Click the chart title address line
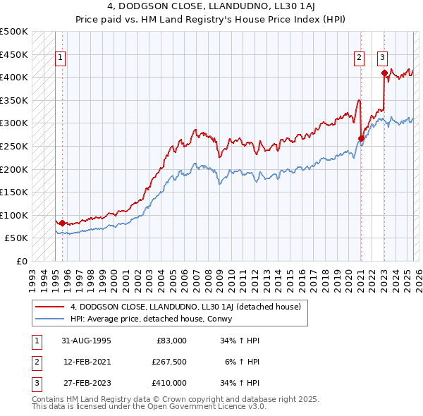pyautogui.click(x=211, y=7)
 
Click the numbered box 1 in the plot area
pyautogui.click(x=61, y=58)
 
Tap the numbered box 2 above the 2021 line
pyautogui.click(x=360, y=58)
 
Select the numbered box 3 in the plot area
pyautogui.click(x=383, y=58)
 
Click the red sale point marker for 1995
pyautogui.click(x=62, y=223)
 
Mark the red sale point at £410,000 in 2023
pyautogui.click(x=384, y=73)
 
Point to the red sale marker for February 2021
pyautogui.click(x=360, y=138)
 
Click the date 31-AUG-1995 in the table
pyautogui.click(x=86, y=341)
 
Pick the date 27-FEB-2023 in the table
pyautogui.click(x=86, y=382)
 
